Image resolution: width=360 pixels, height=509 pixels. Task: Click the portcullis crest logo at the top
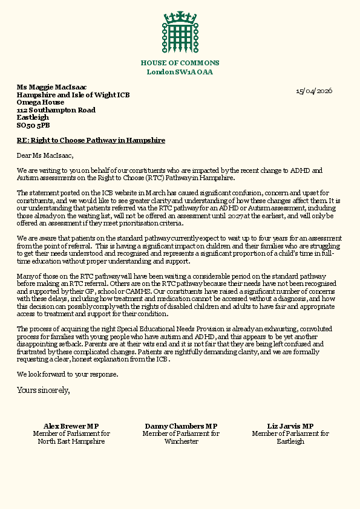pyautogui.click(x=180, y=33)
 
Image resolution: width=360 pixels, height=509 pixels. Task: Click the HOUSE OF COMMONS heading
pyautogui.click(x=180, y=63)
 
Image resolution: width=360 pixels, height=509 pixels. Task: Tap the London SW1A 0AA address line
pyautogui.click(x=180, y=72)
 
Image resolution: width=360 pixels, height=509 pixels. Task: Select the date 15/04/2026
pyautogui.click(x=313, y=91)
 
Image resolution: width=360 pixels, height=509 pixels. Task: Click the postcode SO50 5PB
pyautogui.click(x=33, y=126)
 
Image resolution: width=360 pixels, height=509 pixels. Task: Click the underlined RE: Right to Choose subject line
pyautogui.click(x=91, y=140)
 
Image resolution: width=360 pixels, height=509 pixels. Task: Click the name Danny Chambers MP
pyautogui.click(x=182, y=426)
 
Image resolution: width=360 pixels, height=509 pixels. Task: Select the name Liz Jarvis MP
pyautogui.click(x=290, y=426)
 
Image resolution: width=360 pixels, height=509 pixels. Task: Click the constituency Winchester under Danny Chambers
pyautogui.click(x=182, y=441)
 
